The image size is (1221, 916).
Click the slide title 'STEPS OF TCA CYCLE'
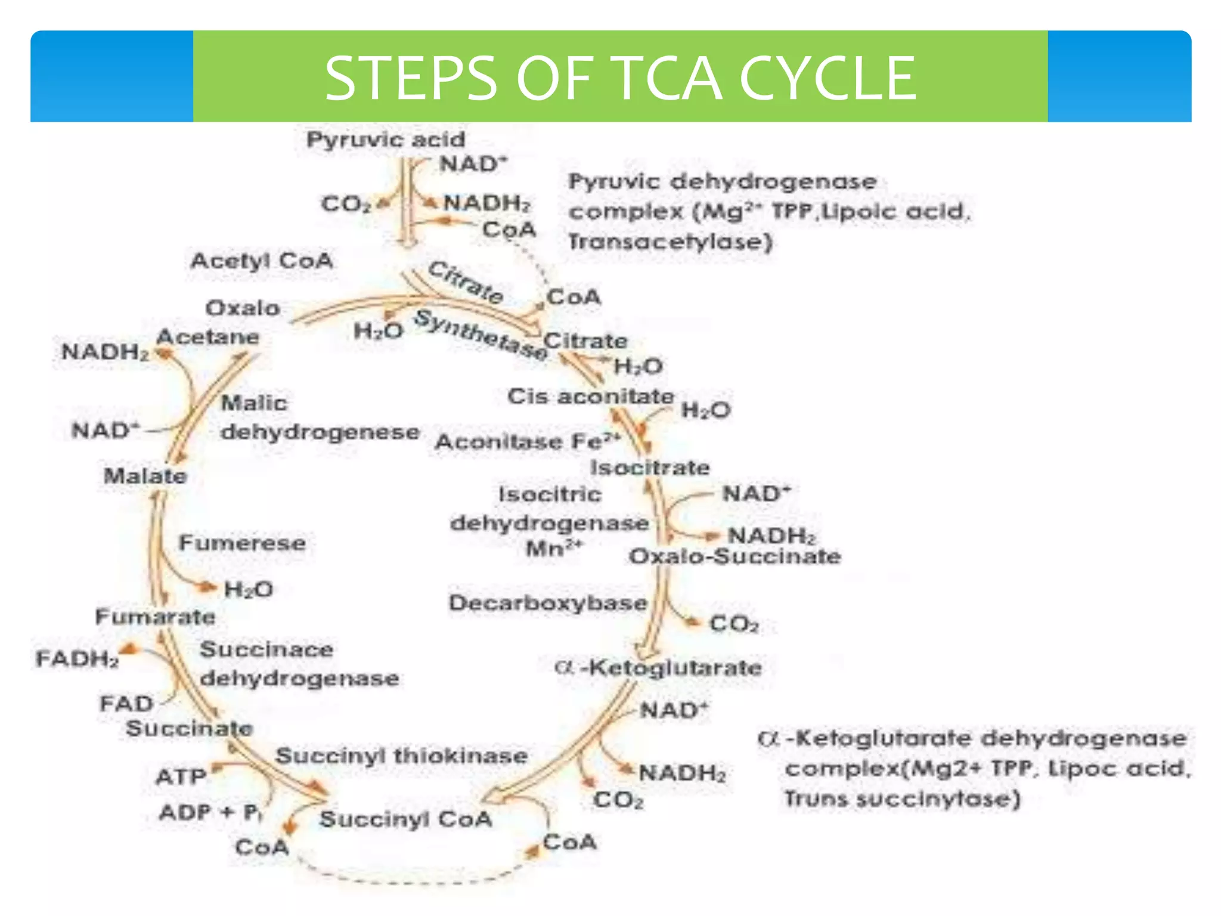(620, 78)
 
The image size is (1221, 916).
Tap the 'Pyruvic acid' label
(386, 140)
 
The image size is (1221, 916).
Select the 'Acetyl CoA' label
(262, 261)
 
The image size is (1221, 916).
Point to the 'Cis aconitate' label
(590, 397)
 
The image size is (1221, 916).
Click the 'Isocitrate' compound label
(650, 468)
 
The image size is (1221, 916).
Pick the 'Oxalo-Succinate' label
(735, 556)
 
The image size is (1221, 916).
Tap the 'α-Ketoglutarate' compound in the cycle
(658, 668)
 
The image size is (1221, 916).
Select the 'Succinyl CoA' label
(406, 819)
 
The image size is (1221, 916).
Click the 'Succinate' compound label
(190, 728)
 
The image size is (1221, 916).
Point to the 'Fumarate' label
(156, 617)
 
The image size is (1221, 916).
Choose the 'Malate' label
(145, 476)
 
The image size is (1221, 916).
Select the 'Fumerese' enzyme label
(243, 543)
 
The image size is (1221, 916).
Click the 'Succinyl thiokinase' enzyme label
(402, 756)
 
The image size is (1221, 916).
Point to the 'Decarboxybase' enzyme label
(548, 603)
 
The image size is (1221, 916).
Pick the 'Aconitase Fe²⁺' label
(528, 442)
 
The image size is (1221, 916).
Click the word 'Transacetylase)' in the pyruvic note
(671, 242)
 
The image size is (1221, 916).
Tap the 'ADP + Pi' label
(210, 812)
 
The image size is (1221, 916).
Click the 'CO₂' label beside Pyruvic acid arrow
(346, 204)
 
